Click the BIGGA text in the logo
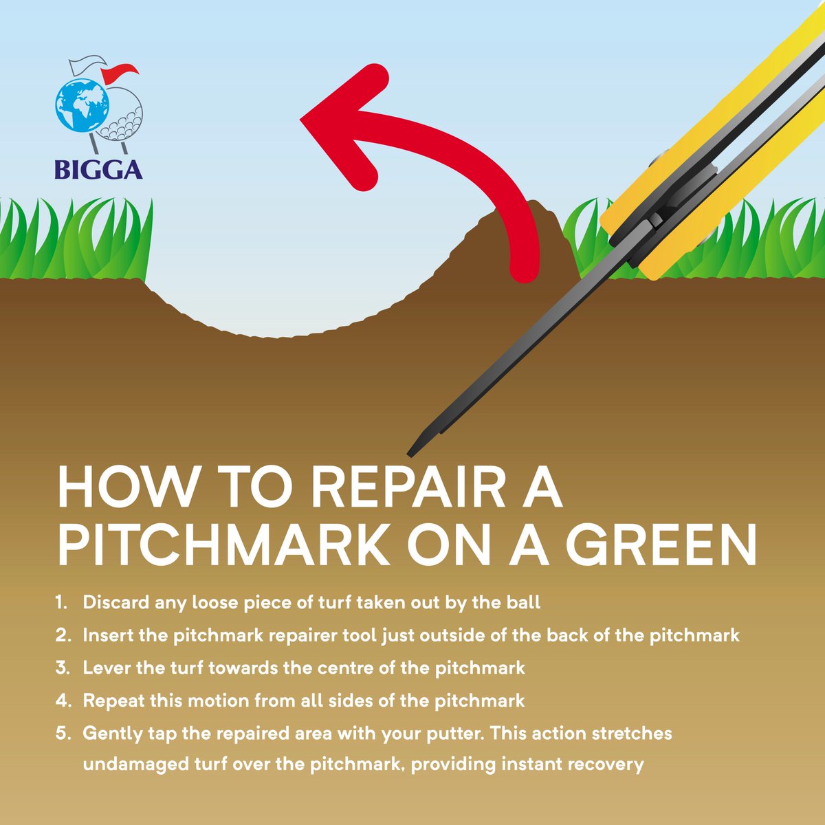99,169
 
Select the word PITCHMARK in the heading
224,545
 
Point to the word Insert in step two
107,635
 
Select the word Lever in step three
104,668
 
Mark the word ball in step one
525,603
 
